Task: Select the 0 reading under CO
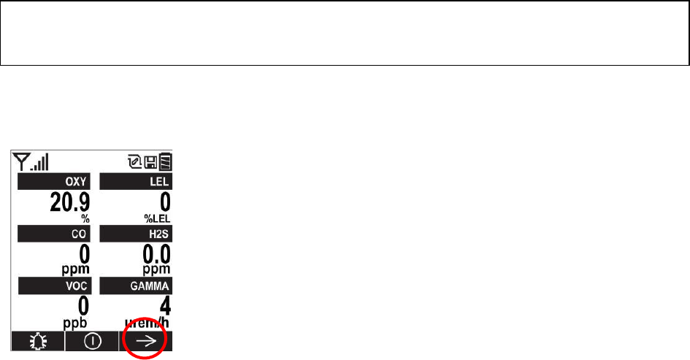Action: [x=84, y=253]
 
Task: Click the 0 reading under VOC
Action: [x=84, y=304]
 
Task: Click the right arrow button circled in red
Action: [x=146, y=340]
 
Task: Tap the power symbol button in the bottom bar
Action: [x=92, y=340]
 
